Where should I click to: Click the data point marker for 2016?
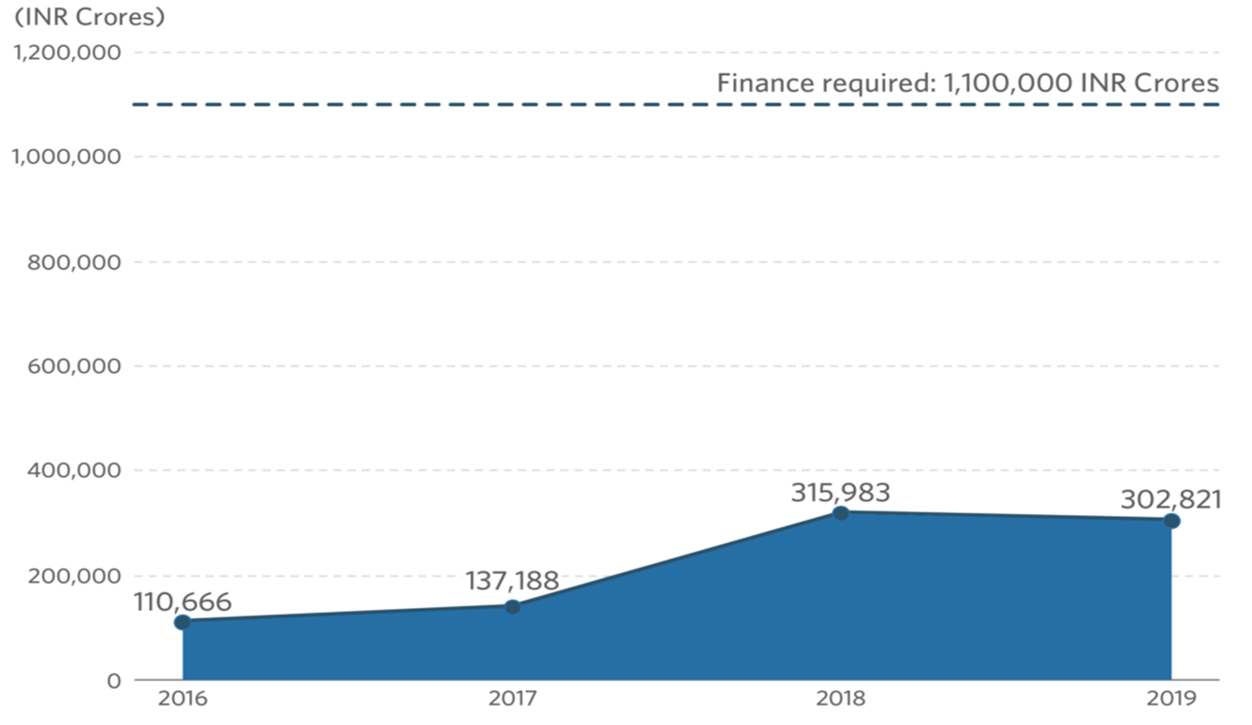(183, 622)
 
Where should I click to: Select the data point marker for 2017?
(512, 606)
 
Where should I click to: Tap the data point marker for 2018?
(841, 512)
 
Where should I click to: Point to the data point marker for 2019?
(1171, 521)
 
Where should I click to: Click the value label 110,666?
(182, 601)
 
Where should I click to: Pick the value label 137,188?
(512, 581)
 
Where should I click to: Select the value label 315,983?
(840, 492)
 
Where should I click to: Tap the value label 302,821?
(1171, 499)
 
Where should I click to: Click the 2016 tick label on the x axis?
(183, 699)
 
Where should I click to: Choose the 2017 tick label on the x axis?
(512, 699)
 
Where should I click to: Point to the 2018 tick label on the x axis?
(841, 699)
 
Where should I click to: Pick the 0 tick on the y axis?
(113, 680)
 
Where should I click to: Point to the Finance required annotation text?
(967, 82)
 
